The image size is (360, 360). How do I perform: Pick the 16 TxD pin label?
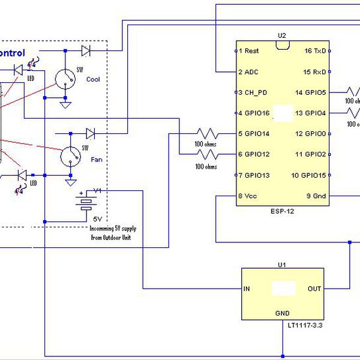[x=316, y=51]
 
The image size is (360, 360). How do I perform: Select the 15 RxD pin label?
[x=316, y=72]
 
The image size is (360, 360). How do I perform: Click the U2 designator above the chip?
[x=282, y=35]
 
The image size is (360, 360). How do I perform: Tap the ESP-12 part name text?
[x=282, y=212]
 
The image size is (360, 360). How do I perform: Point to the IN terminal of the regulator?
[x=246, y=289]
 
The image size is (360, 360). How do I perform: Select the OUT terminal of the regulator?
[x=314, y=289]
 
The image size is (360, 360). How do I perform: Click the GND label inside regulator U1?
[x=282, y=313]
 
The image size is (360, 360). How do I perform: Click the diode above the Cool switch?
[x=86, y=52]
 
